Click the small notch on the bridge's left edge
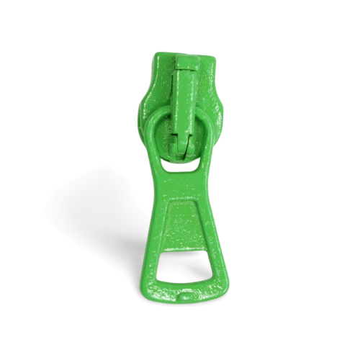pyautogui.click(x=174, y=134)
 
